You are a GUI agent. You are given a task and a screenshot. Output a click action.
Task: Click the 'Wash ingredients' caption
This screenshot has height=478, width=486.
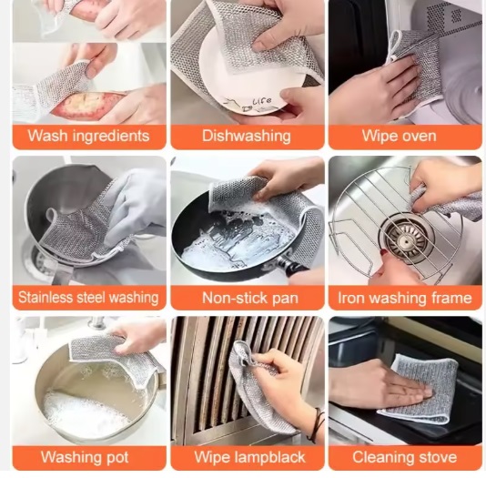click(x=88, y=136)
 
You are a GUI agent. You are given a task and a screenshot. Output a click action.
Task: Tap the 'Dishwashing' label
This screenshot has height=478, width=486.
click(x=247, y=136)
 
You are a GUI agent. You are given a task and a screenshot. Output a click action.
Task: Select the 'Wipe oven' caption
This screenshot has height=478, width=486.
click(x=400, y=136)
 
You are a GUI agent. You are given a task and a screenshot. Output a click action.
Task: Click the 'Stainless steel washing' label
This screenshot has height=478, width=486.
click(x=88, y=298)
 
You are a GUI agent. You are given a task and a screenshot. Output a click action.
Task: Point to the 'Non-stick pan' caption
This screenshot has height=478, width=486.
click(x=250, y=298)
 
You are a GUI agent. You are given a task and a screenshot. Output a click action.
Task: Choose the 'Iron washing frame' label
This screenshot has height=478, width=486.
click(x=405, y=298)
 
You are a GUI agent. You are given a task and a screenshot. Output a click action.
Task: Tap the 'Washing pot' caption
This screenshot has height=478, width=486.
click(x=85, y=457)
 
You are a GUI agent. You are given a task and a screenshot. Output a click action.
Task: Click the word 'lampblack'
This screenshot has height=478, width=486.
click(x=269, y=457)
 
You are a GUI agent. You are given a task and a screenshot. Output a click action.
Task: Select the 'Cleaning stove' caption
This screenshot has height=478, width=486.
click(x=404, y=457)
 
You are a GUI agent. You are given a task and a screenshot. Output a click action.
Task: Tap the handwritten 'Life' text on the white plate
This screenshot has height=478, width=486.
click(x=261, y=101)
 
